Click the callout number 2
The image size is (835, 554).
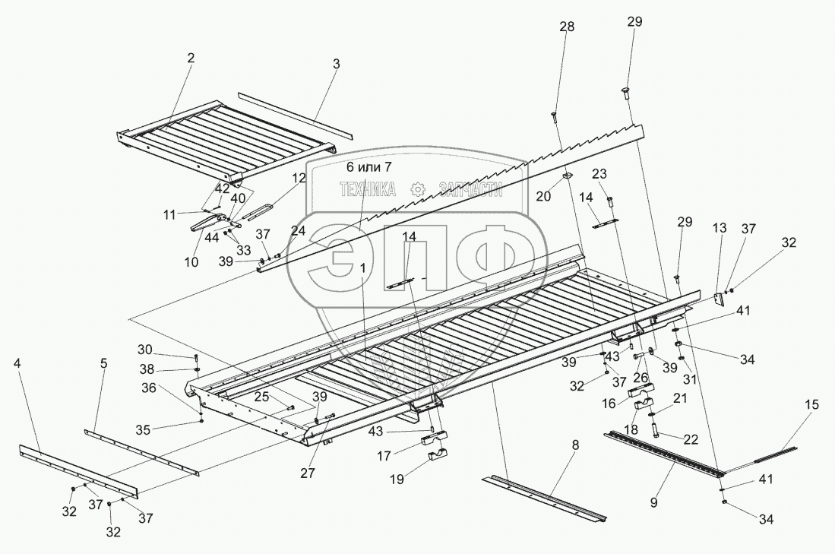coord(191,57)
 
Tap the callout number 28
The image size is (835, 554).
coord(568,27)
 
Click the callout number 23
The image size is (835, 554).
coord(599,173)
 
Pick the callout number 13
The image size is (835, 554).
coord(719,227)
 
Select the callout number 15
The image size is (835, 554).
coord(812,405)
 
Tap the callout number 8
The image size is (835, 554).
coord(575,445)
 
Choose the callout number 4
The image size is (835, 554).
coord(17,363)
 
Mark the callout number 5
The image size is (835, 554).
coord(104,363)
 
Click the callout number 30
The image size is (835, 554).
coord(144,350)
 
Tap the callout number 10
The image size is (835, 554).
coord(191,262)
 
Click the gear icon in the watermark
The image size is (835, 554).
coord(416,188)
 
